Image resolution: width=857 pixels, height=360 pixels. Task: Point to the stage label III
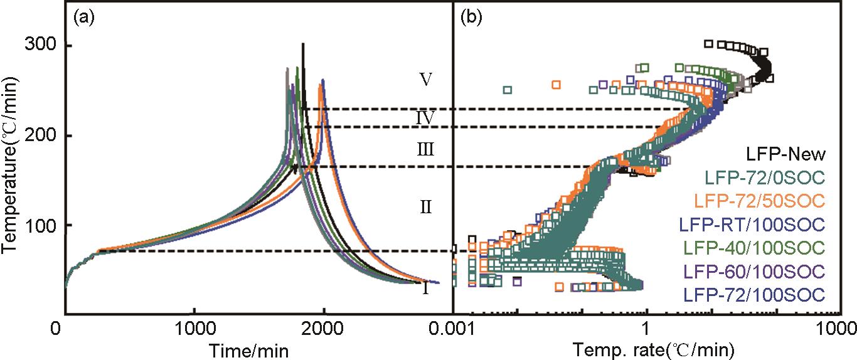point(426,149)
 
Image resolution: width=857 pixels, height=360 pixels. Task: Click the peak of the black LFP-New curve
point(303,45)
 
